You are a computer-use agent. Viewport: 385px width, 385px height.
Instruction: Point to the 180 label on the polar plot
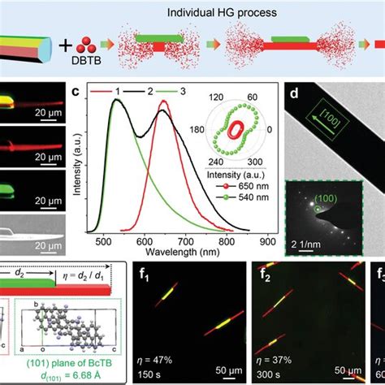[x=197, y=128]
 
